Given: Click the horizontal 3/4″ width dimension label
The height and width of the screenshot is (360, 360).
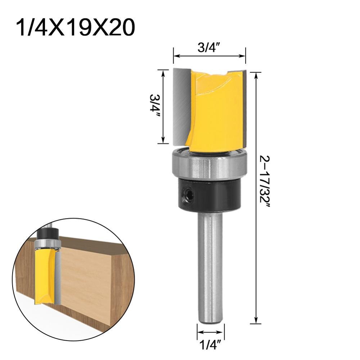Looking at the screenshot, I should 209,48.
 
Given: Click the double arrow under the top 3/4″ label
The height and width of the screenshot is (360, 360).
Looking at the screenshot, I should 209,56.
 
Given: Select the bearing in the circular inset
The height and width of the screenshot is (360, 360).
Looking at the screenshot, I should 48,244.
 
